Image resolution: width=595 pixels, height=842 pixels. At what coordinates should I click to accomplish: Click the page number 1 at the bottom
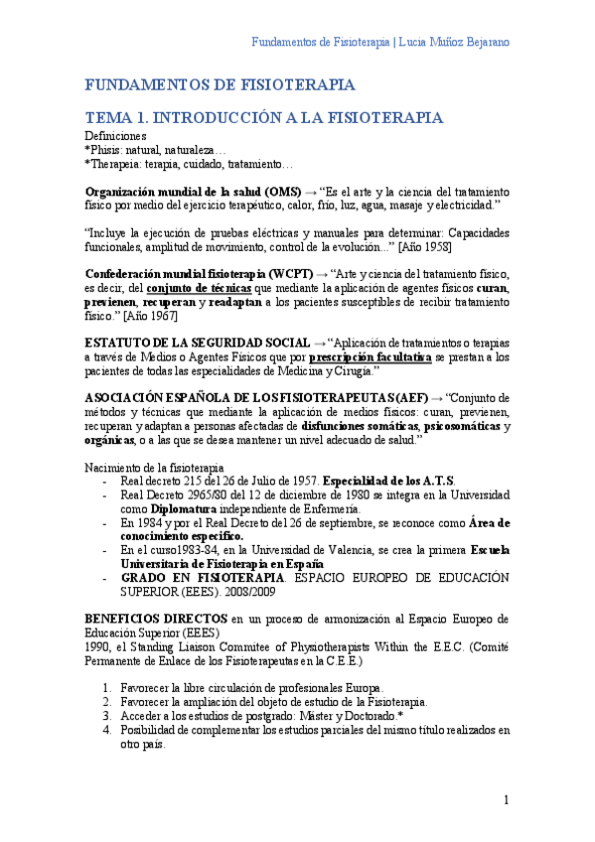(506, 799)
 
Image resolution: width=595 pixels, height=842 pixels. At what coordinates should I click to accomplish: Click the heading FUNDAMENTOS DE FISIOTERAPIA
(220, 85)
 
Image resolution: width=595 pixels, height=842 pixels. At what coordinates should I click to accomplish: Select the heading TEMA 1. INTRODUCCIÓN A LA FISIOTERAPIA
(264, 117)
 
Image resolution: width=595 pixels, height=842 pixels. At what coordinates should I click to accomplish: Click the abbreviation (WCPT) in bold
(291, 273)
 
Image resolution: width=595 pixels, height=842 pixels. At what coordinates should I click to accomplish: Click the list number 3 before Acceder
(108, 715)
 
